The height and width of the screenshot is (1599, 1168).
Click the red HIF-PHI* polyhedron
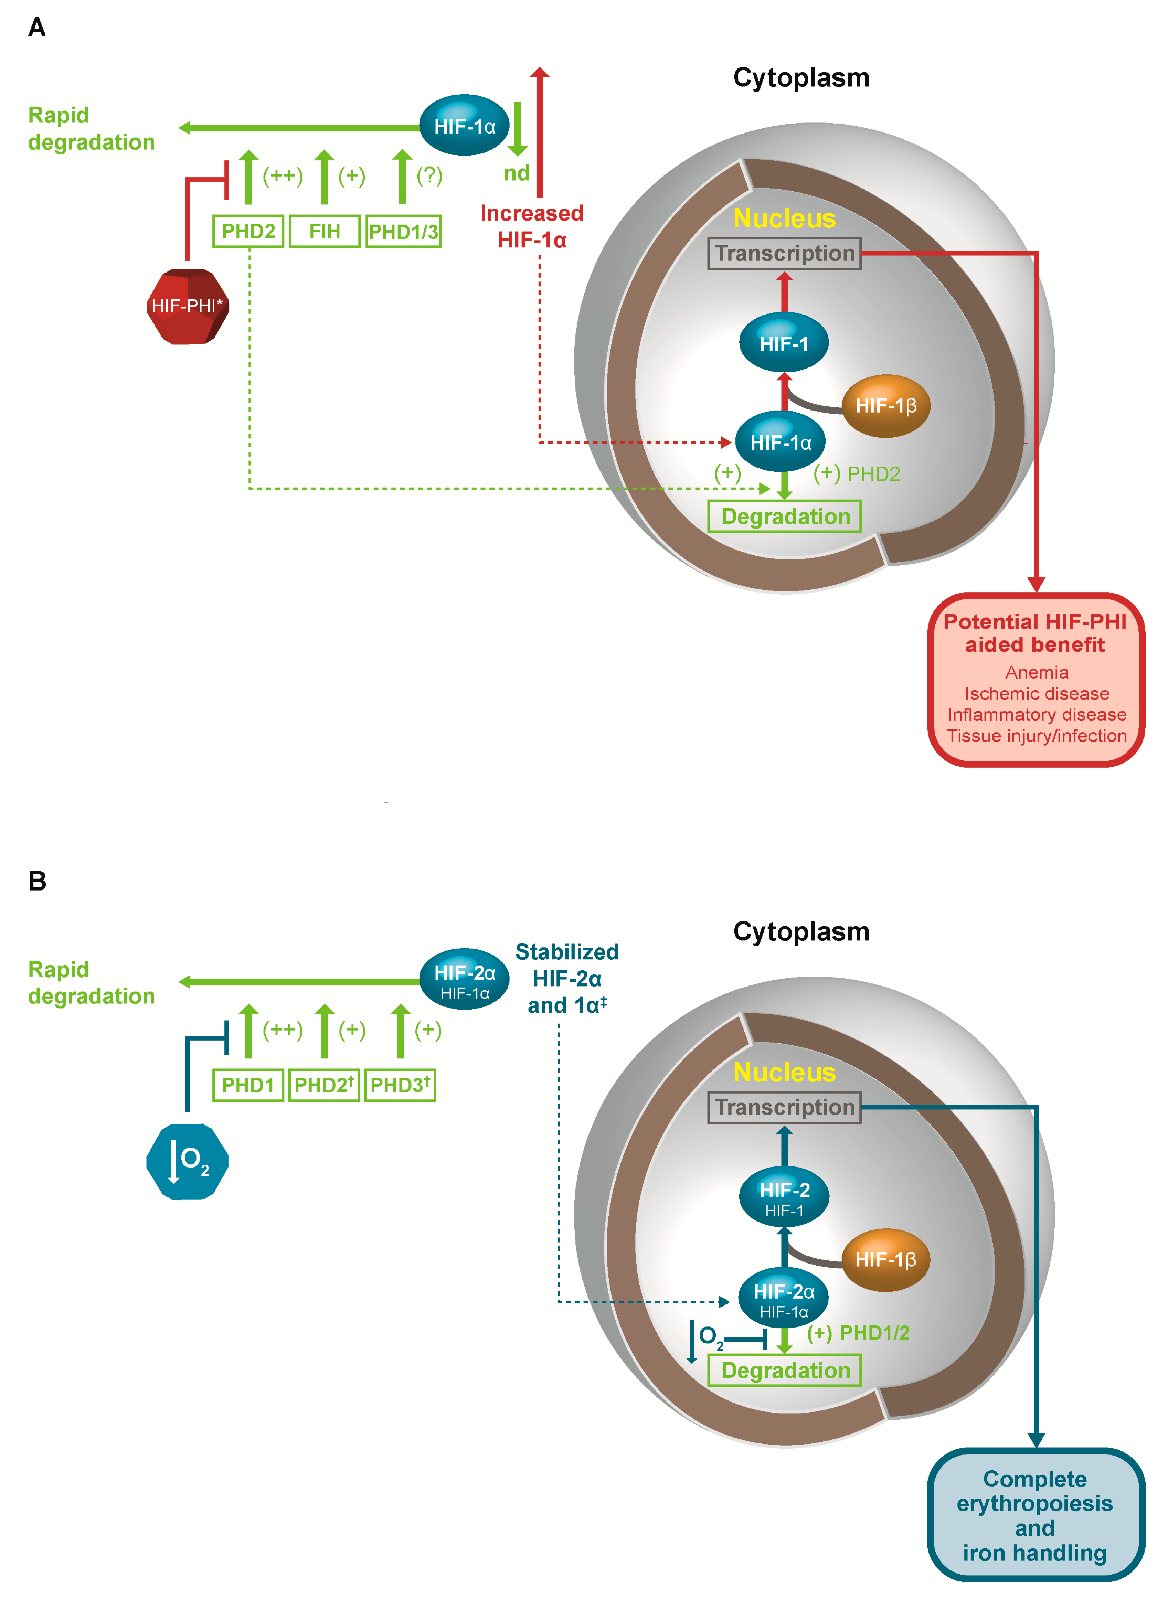[187, 306]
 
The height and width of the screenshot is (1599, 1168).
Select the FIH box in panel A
[325, 231]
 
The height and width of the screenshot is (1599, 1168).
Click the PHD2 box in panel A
[248, 231]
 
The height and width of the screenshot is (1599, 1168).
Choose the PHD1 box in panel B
[248, 1085]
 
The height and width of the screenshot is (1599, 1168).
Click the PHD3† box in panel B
[400, 1085]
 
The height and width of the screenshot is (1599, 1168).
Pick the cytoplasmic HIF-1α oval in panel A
[465, 126]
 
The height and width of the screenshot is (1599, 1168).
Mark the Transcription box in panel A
[784, 253]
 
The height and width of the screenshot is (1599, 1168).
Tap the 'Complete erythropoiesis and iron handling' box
[1036, 1515]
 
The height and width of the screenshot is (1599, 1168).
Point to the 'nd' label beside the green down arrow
[517, 173]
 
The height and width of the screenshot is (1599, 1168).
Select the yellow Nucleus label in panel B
[784, 1072]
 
